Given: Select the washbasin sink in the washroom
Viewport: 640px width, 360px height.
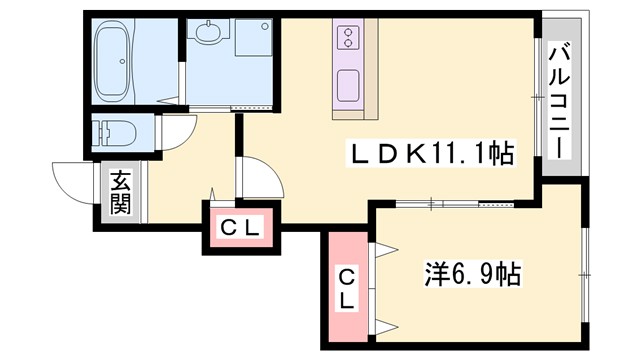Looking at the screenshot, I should pos(208,36).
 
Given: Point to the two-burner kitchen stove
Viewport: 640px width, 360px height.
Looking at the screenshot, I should pos(349,39).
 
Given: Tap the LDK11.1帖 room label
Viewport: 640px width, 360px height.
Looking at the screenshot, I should pos(431,153).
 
